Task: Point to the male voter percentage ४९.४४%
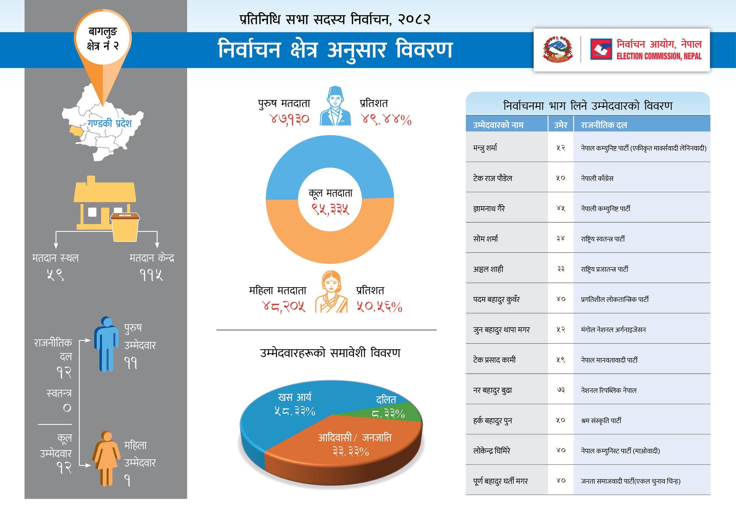click(386, 119)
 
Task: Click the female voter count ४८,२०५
click(284, 307)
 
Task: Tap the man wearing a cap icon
click(335, 106)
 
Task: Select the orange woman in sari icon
click(331, 292)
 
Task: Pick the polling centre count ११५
click(151, 276)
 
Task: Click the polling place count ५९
click(55, 276)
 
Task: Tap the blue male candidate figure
click(106, 344)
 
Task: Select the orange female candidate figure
click(106, 458)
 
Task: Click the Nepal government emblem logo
click(557, 49)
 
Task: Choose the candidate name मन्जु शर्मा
click(485, 148)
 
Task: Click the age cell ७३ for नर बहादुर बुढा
click(561, 390)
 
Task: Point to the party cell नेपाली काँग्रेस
click(597, 178)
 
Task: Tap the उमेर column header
click(561, 125)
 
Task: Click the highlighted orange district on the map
click(76, 131)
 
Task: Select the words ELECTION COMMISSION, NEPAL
click(659, 56)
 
